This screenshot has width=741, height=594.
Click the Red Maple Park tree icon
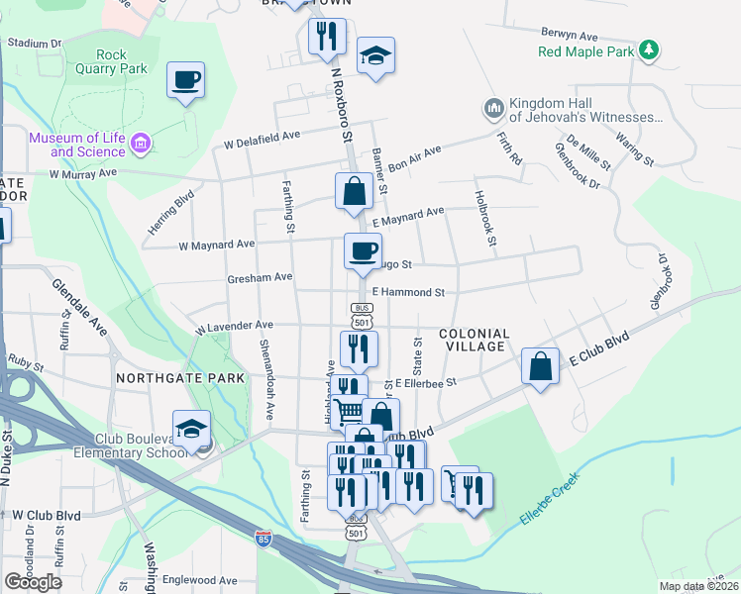[x=648, y=49]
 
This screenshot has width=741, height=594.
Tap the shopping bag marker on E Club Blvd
[x=540, y=367]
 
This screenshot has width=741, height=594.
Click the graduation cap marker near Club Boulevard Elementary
[x=191, y=429]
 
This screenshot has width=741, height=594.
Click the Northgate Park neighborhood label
[x=179, y=379]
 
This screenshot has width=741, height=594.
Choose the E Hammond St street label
[x=408, y=292]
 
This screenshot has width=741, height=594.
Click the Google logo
[x=33, y=581]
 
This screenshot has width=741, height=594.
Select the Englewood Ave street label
[x=201, y=580]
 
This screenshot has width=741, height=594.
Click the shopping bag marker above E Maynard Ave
[x=354, y=191]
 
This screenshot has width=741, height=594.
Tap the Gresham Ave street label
[x=259, y=277]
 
